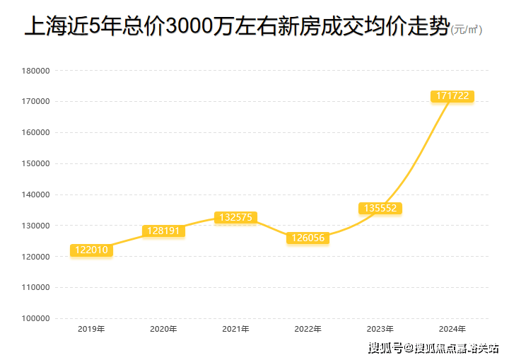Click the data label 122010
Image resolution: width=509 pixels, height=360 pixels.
(x=92, y=250)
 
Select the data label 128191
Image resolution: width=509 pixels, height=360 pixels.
(x=163, y=231)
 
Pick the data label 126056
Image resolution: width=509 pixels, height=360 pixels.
(x=308, y=238)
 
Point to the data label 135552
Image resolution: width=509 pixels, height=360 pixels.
(x=380, y=208)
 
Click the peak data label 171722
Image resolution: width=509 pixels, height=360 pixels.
(x=452, y=95)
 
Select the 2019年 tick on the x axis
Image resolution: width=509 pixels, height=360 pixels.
(x=91, y=329)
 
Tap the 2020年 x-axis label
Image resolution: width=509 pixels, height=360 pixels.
(x=163, y=329)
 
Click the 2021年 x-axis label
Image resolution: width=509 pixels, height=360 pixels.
(x=235, y=329)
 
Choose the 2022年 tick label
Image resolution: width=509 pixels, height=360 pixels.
(x=308, y=329)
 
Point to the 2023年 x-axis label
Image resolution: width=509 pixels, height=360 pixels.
(x=380, y=329)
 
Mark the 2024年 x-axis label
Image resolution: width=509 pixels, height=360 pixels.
(x=452, y=329)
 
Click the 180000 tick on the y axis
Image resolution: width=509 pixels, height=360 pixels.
(x=35, y=71)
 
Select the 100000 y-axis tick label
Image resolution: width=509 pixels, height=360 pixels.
(x=35, y=319)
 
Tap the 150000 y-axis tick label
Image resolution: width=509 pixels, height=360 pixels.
(x=35, y=163)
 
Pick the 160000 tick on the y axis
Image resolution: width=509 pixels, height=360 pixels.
(x=35, y=132)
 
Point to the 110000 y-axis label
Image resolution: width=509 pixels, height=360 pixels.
(x=35, y=288)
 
